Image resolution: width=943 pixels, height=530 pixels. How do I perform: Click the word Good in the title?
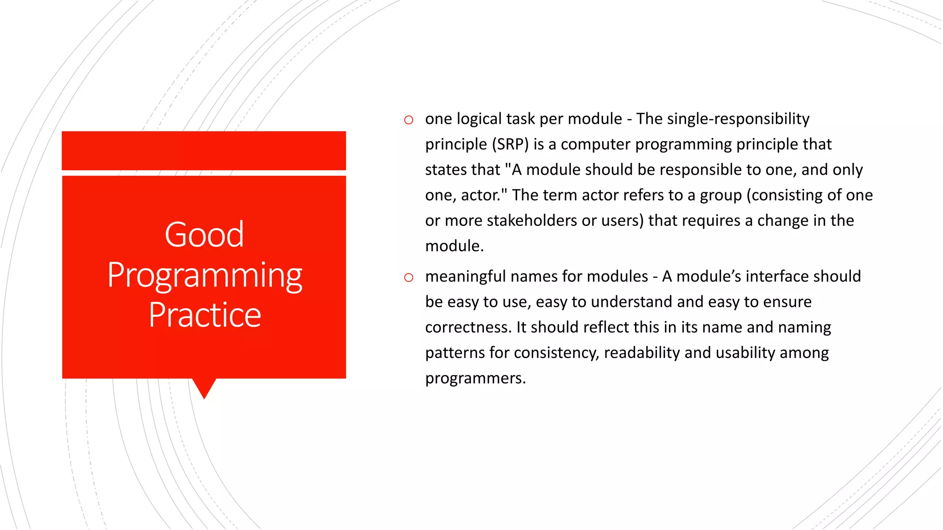pos(204,235)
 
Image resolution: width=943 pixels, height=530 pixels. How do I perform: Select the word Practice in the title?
pos(204,315)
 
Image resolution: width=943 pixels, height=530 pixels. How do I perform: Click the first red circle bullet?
pos(408,120)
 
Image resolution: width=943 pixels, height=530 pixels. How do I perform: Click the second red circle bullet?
pos(408,277)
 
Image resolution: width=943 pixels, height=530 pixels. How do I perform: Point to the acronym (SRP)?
pos(510,144)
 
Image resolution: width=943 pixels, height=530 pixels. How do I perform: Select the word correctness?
pos(468,327)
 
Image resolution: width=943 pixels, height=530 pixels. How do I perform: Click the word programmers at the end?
pos(475,378)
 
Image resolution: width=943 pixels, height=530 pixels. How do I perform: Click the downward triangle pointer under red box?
pos(204,387)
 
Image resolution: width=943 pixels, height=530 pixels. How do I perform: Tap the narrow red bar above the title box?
pos(204,150)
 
